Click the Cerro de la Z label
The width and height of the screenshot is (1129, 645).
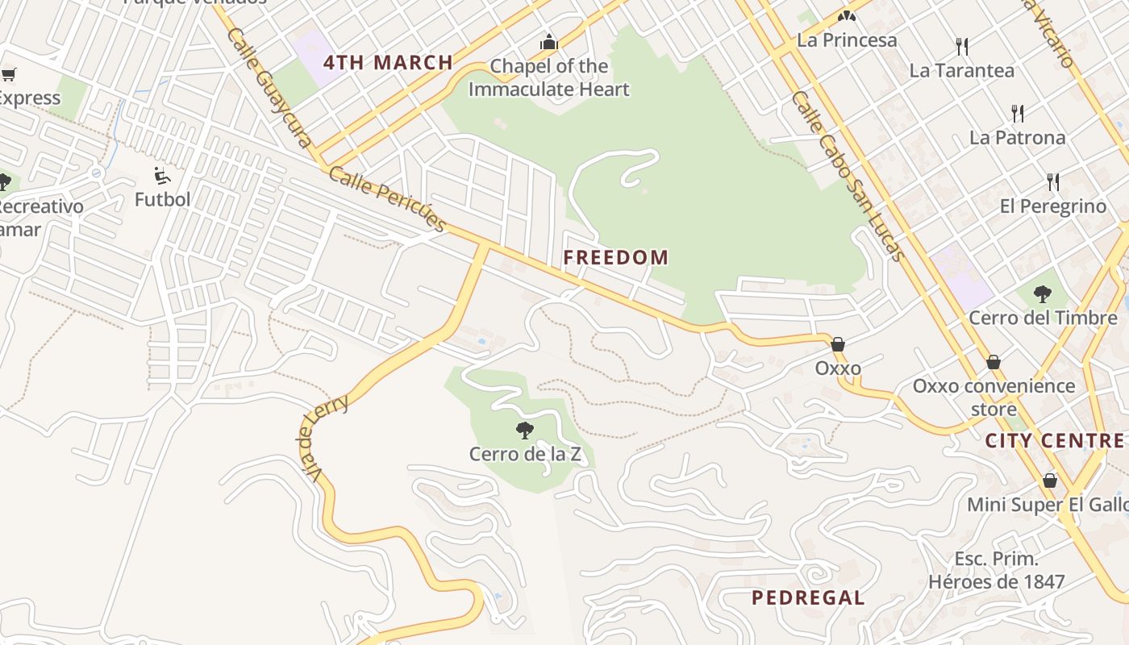pos(525,454)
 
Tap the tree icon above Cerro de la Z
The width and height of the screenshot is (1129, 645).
pos(525,431)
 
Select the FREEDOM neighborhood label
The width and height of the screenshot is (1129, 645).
pos(616,258)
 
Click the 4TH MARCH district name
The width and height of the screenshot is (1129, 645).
pos(388,63)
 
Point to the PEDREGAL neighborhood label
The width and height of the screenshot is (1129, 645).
pos(808,597)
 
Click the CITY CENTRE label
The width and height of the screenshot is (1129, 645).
pos(1054,441)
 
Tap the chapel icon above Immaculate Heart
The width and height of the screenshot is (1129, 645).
pos(549,42)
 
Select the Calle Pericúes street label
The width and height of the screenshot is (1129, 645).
pos(387,199)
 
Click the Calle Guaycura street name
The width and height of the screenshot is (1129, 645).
pos(269,87)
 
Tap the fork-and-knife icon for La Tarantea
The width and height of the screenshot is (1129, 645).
pos(961,46)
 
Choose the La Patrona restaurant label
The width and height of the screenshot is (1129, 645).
pos(1017,138)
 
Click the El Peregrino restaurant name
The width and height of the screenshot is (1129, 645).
pos(1053,206)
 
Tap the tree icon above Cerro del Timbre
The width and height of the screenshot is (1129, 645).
pos(1042,293)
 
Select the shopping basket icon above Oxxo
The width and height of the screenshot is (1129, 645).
pos(838,345)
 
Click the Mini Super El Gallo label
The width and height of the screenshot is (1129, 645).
pos(1048,505)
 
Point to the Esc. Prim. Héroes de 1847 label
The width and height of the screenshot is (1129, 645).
pos(997,570)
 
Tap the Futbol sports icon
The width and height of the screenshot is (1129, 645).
pos(162,175)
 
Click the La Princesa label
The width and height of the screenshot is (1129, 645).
pos(847,40)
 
